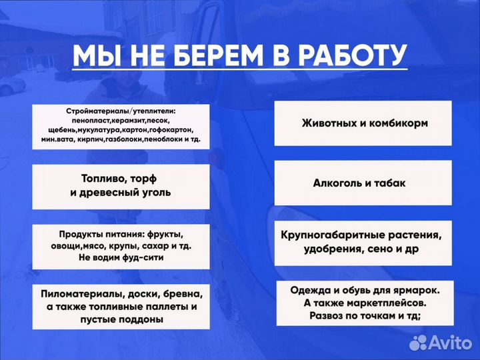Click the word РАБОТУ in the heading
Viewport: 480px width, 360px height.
[351, 55]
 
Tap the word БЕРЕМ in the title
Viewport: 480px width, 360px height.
[221, 55]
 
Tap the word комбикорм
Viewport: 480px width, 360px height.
[397, 123]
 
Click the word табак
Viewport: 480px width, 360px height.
[390, 183]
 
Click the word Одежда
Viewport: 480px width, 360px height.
[312, 290]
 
